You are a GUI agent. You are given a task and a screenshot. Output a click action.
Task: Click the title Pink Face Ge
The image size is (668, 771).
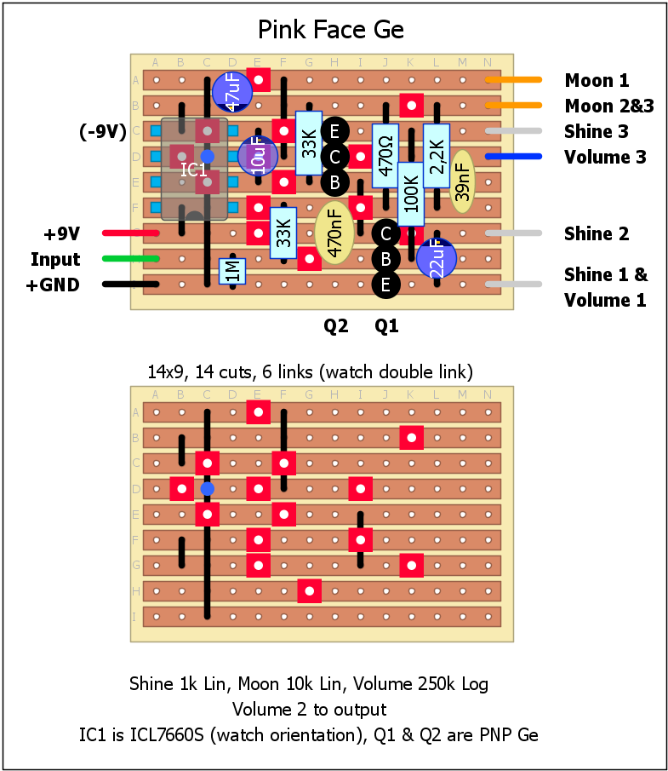pos(331,31)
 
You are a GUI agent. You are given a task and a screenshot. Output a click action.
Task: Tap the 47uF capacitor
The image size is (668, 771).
pos(231,91)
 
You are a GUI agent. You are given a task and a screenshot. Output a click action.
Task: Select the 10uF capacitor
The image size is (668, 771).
pos(257,156)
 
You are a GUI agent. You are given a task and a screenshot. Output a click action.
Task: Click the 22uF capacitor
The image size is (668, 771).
pos(436,258)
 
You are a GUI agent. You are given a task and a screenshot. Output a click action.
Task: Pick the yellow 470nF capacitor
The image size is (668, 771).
pos(334,234)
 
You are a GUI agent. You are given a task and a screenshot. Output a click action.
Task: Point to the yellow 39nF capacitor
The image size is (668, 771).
pos(462,182)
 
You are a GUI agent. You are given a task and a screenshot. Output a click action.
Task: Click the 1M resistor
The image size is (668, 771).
pos(231,271)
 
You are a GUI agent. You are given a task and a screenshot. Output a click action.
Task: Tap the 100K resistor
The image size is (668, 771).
pos(411,193)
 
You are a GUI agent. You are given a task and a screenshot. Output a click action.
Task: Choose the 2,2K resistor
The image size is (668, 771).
pos(437,155)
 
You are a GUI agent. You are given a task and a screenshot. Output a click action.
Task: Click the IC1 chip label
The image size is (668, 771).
pos(194,170)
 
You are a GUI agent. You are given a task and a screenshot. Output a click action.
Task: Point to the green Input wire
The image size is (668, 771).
pos(130,259)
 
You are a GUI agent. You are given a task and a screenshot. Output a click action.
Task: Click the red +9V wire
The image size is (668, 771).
pos(130,233)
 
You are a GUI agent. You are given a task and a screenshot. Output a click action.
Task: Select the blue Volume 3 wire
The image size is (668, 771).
pos(514,157)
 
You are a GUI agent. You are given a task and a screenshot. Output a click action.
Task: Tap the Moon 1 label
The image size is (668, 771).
pos(597,81)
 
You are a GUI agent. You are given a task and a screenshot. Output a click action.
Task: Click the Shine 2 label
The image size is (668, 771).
pos(597,233)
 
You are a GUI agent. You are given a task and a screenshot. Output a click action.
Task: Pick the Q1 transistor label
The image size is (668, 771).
pos(386,325)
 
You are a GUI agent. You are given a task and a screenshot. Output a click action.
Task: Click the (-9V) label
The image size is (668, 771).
pos(102,131)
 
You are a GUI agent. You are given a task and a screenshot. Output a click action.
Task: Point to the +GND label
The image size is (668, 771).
pos(53,285)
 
